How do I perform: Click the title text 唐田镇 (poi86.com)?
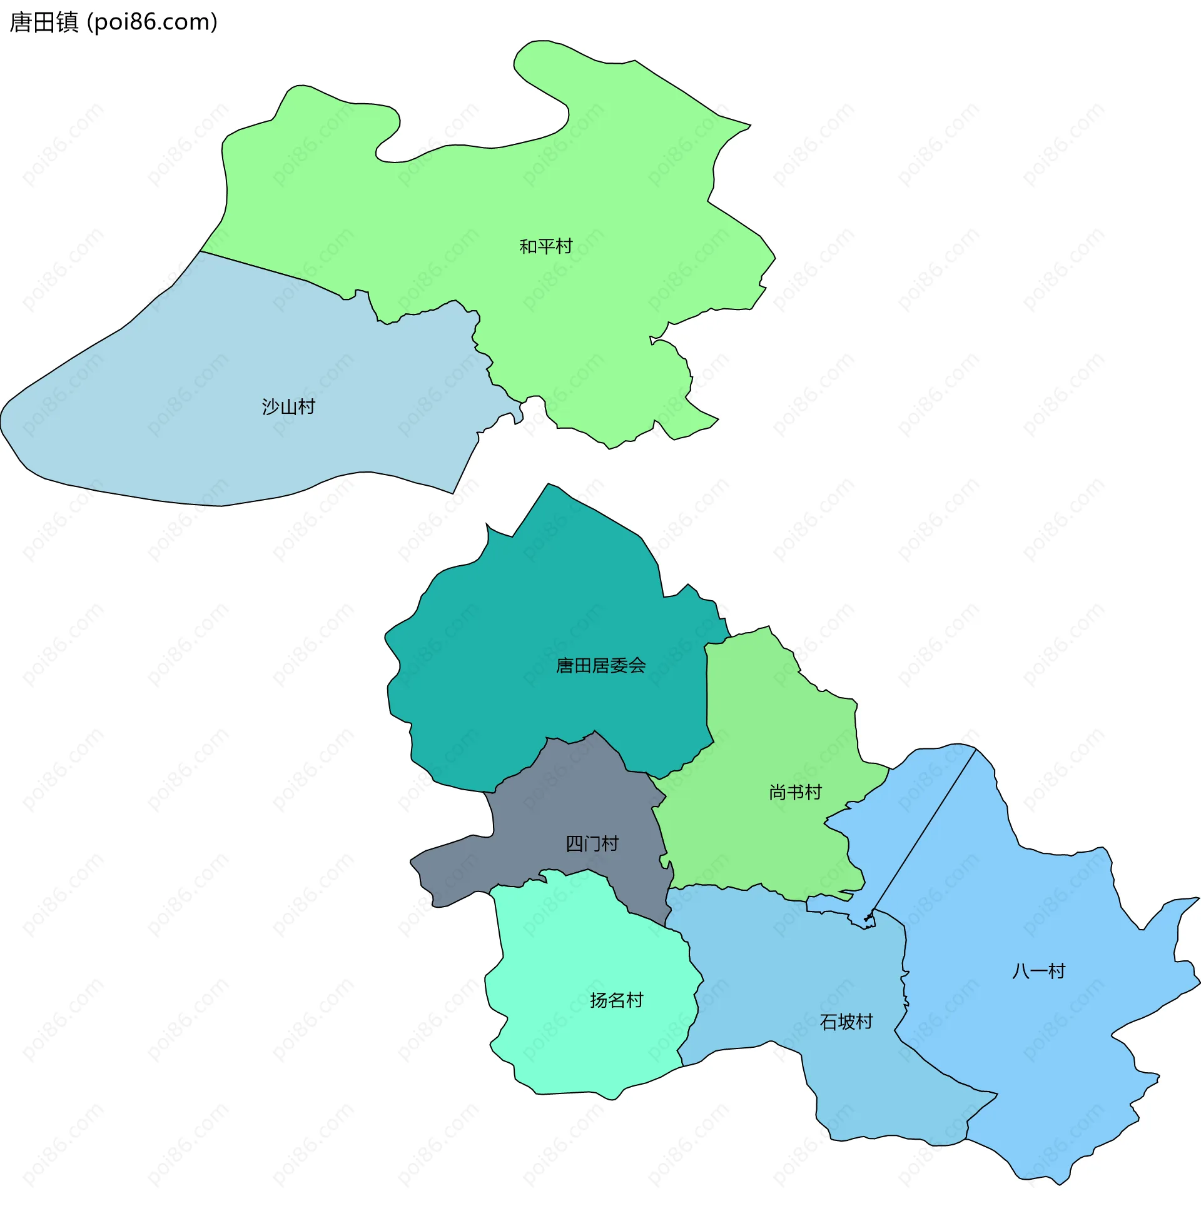point(114,22)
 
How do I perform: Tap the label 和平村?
point(545,246)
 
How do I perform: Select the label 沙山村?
point(288,406)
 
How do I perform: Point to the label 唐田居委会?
point(600,665)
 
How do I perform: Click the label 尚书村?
point(796,791)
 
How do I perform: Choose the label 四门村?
point(592,843)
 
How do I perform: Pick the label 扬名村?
point(616,1000)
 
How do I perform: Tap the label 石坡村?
point(846,1022)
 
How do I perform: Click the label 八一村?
point(1038,971)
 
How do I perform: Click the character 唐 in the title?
point(20,22)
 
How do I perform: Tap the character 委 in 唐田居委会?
point(619,665)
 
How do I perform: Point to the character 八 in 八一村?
point(1021,971)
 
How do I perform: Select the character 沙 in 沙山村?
point(271,406)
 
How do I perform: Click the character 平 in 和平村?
point(545,246)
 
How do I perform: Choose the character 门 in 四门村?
point(592,843)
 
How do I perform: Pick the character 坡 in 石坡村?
point(846,1022)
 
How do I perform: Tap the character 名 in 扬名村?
point(616,1000)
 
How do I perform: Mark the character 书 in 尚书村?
point(796,791)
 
